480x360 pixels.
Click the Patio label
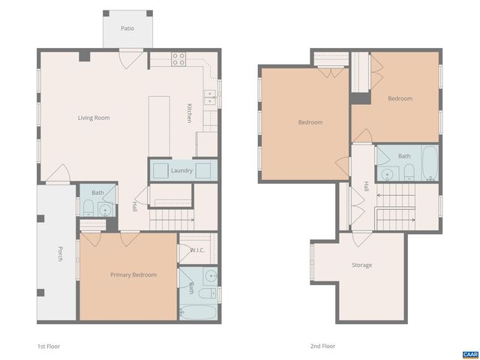coord(128,28)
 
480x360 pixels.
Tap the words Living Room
coord(94,118)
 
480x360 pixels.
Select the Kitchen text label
coord(190,112)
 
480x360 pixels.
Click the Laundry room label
coord(181,171)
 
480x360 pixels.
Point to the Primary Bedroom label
coord(133,275)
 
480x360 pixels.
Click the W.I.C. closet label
coord(197,250)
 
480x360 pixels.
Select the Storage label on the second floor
coord(361,265)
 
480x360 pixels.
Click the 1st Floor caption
coord(48,346)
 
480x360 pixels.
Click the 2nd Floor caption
coord(322,346)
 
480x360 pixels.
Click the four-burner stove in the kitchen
coord(179,58)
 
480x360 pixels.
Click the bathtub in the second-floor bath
coord(430,163)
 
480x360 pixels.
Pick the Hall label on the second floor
coord(366,186)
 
